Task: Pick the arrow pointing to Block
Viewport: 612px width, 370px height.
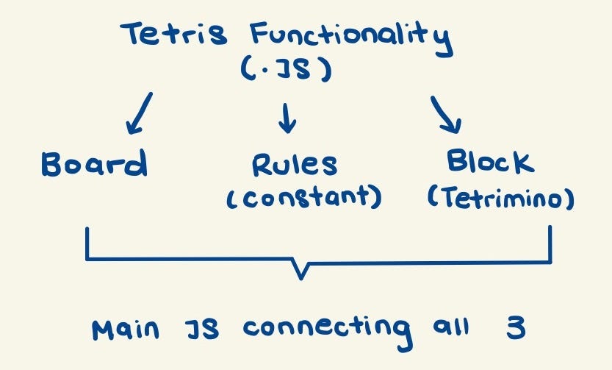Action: [446, 114]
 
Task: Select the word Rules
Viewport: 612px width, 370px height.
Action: [295, 166]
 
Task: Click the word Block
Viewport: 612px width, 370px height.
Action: [490, 162]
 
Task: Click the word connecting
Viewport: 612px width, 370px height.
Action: [326, 330]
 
